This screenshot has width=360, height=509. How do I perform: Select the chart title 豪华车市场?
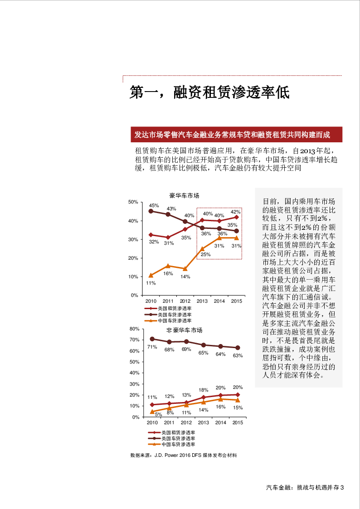(184, 196)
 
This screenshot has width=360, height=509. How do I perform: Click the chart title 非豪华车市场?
(184, 330)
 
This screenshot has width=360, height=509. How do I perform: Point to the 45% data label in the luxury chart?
(154, 205)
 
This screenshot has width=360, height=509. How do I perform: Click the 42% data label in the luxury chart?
(236, 212)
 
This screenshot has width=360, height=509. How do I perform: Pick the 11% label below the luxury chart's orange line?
(151, 283)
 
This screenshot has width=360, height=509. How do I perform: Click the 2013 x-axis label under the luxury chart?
(202, 301)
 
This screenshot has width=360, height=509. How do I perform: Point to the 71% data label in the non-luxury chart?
(152, 347)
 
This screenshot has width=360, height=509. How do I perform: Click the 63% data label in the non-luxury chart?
(238, 356)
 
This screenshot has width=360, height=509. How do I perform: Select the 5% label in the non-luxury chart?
(158, 414)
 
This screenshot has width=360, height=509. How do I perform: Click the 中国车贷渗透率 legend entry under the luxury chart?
(175, 320)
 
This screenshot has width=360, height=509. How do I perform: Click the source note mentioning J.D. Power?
(184, 455)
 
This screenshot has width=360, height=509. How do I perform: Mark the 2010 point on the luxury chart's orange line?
(151, 275)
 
